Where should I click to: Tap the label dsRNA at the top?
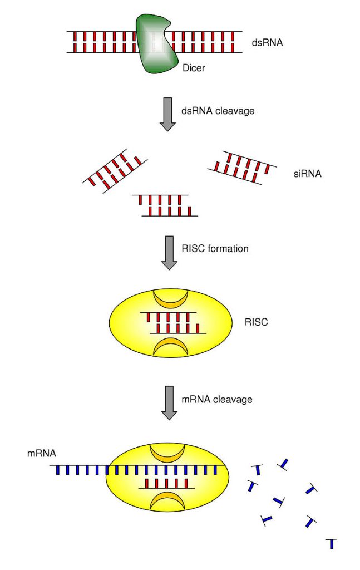point(268,42)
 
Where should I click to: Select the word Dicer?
point(194,69)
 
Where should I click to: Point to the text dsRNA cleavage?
point(218,111)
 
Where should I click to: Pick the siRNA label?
point(308,174)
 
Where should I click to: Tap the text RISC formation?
point(215,248)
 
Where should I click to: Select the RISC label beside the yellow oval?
point(256,322)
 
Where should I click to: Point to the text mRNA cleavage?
point(217,399)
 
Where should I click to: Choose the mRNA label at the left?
point(41,454)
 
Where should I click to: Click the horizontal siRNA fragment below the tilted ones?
point(164,205)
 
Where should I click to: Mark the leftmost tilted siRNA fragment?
point(115,170)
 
